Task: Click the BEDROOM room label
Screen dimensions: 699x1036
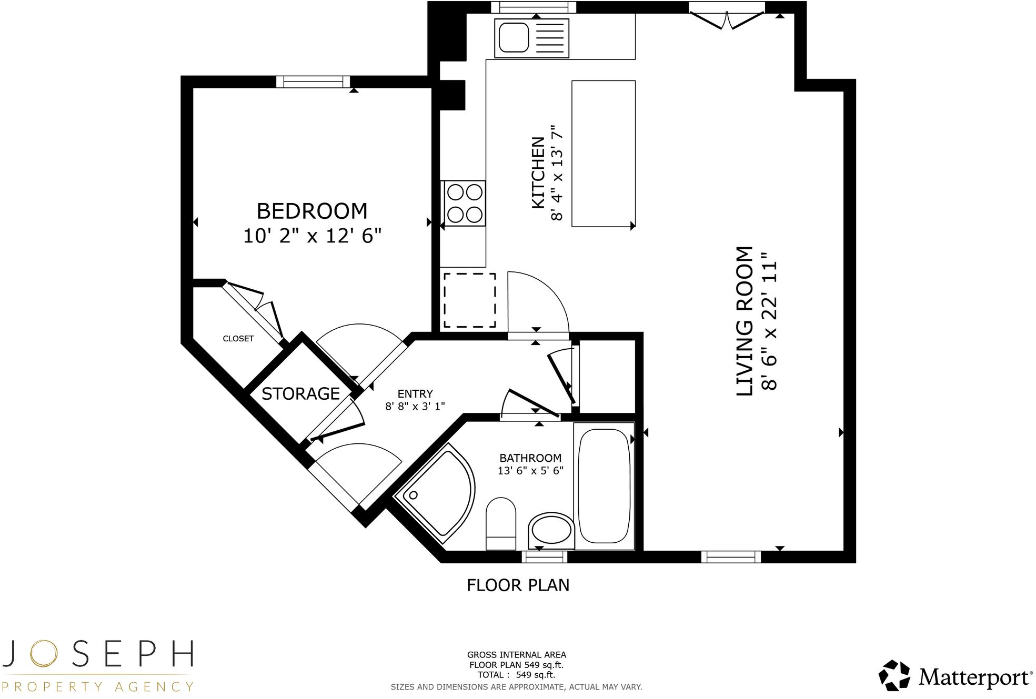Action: (311, 211)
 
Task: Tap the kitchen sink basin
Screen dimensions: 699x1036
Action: (514, 38)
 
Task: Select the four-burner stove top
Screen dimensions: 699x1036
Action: (464, 204)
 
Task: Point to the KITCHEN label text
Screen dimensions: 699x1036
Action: (538, 173)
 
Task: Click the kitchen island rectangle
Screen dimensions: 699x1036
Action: (603, 154)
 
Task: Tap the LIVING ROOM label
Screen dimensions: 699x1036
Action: (745, 321)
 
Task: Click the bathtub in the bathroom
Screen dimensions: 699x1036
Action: (604, 486)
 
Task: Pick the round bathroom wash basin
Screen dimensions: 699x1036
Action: (551, 530)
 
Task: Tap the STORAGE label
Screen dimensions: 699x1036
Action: (300, 394)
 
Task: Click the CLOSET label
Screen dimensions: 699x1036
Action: (238, 339)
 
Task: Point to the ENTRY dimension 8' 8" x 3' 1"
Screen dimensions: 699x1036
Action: (415, 406)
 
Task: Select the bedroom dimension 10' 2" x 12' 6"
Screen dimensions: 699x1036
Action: (311, 236)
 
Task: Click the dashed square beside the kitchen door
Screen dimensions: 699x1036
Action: (469, 300)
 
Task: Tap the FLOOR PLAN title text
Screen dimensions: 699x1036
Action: (518, 585)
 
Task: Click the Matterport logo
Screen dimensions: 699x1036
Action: (955, 676)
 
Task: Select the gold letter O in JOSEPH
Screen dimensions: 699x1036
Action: (43, 654)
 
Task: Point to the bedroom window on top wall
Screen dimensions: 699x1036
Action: (313, 82)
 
